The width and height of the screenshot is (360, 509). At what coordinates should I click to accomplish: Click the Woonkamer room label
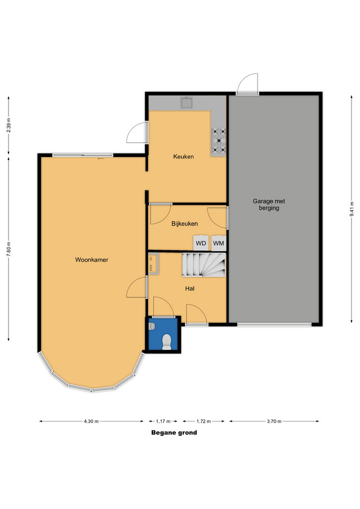(x=92, y=260)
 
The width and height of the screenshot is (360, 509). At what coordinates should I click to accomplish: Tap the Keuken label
(x=183, y=156)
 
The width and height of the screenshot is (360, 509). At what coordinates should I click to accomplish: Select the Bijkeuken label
(x=185, y=224)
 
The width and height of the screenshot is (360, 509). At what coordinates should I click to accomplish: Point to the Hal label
(x=190, y=288)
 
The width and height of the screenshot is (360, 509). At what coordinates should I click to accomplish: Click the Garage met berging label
(x=269, y=205)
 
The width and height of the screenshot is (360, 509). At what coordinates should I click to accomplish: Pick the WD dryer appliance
(x=201, y=243)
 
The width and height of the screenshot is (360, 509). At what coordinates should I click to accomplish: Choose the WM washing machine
(x=218, y=243)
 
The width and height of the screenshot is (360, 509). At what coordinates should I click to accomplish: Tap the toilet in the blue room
(x=166, y=342)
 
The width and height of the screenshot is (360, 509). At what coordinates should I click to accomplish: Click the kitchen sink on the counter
(x=187, y=103)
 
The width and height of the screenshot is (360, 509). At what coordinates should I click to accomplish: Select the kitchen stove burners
(x=219, y=141)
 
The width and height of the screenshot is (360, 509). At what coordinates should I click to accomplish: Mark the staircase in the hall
(x=204, y=265)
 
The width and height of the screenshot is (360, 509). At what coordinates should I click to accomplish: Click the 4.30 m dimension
(x=91, y=422)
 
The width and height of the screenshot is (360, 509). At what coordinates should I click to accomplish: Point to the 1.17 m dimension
(x=163, y=422)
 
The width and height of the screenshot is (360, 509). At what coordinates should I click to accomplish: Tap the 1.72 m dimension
(x=204, y=422)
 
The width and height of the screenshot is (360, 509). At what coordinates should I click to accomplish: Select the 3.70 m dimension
(x=274, y=422)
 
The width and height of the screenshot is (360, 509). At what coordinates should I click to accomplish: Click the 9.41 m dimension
(x=352, y=209)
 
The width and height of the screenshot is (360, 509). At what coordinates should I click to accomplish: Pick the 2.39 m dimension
(x=9, y=125)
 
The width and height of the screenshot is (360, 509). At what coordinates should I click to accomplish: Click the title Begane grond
(x=174, y=433)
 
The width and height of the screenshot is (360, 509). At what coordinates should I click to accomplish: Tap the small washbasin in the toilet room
(x=152, y=326)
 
